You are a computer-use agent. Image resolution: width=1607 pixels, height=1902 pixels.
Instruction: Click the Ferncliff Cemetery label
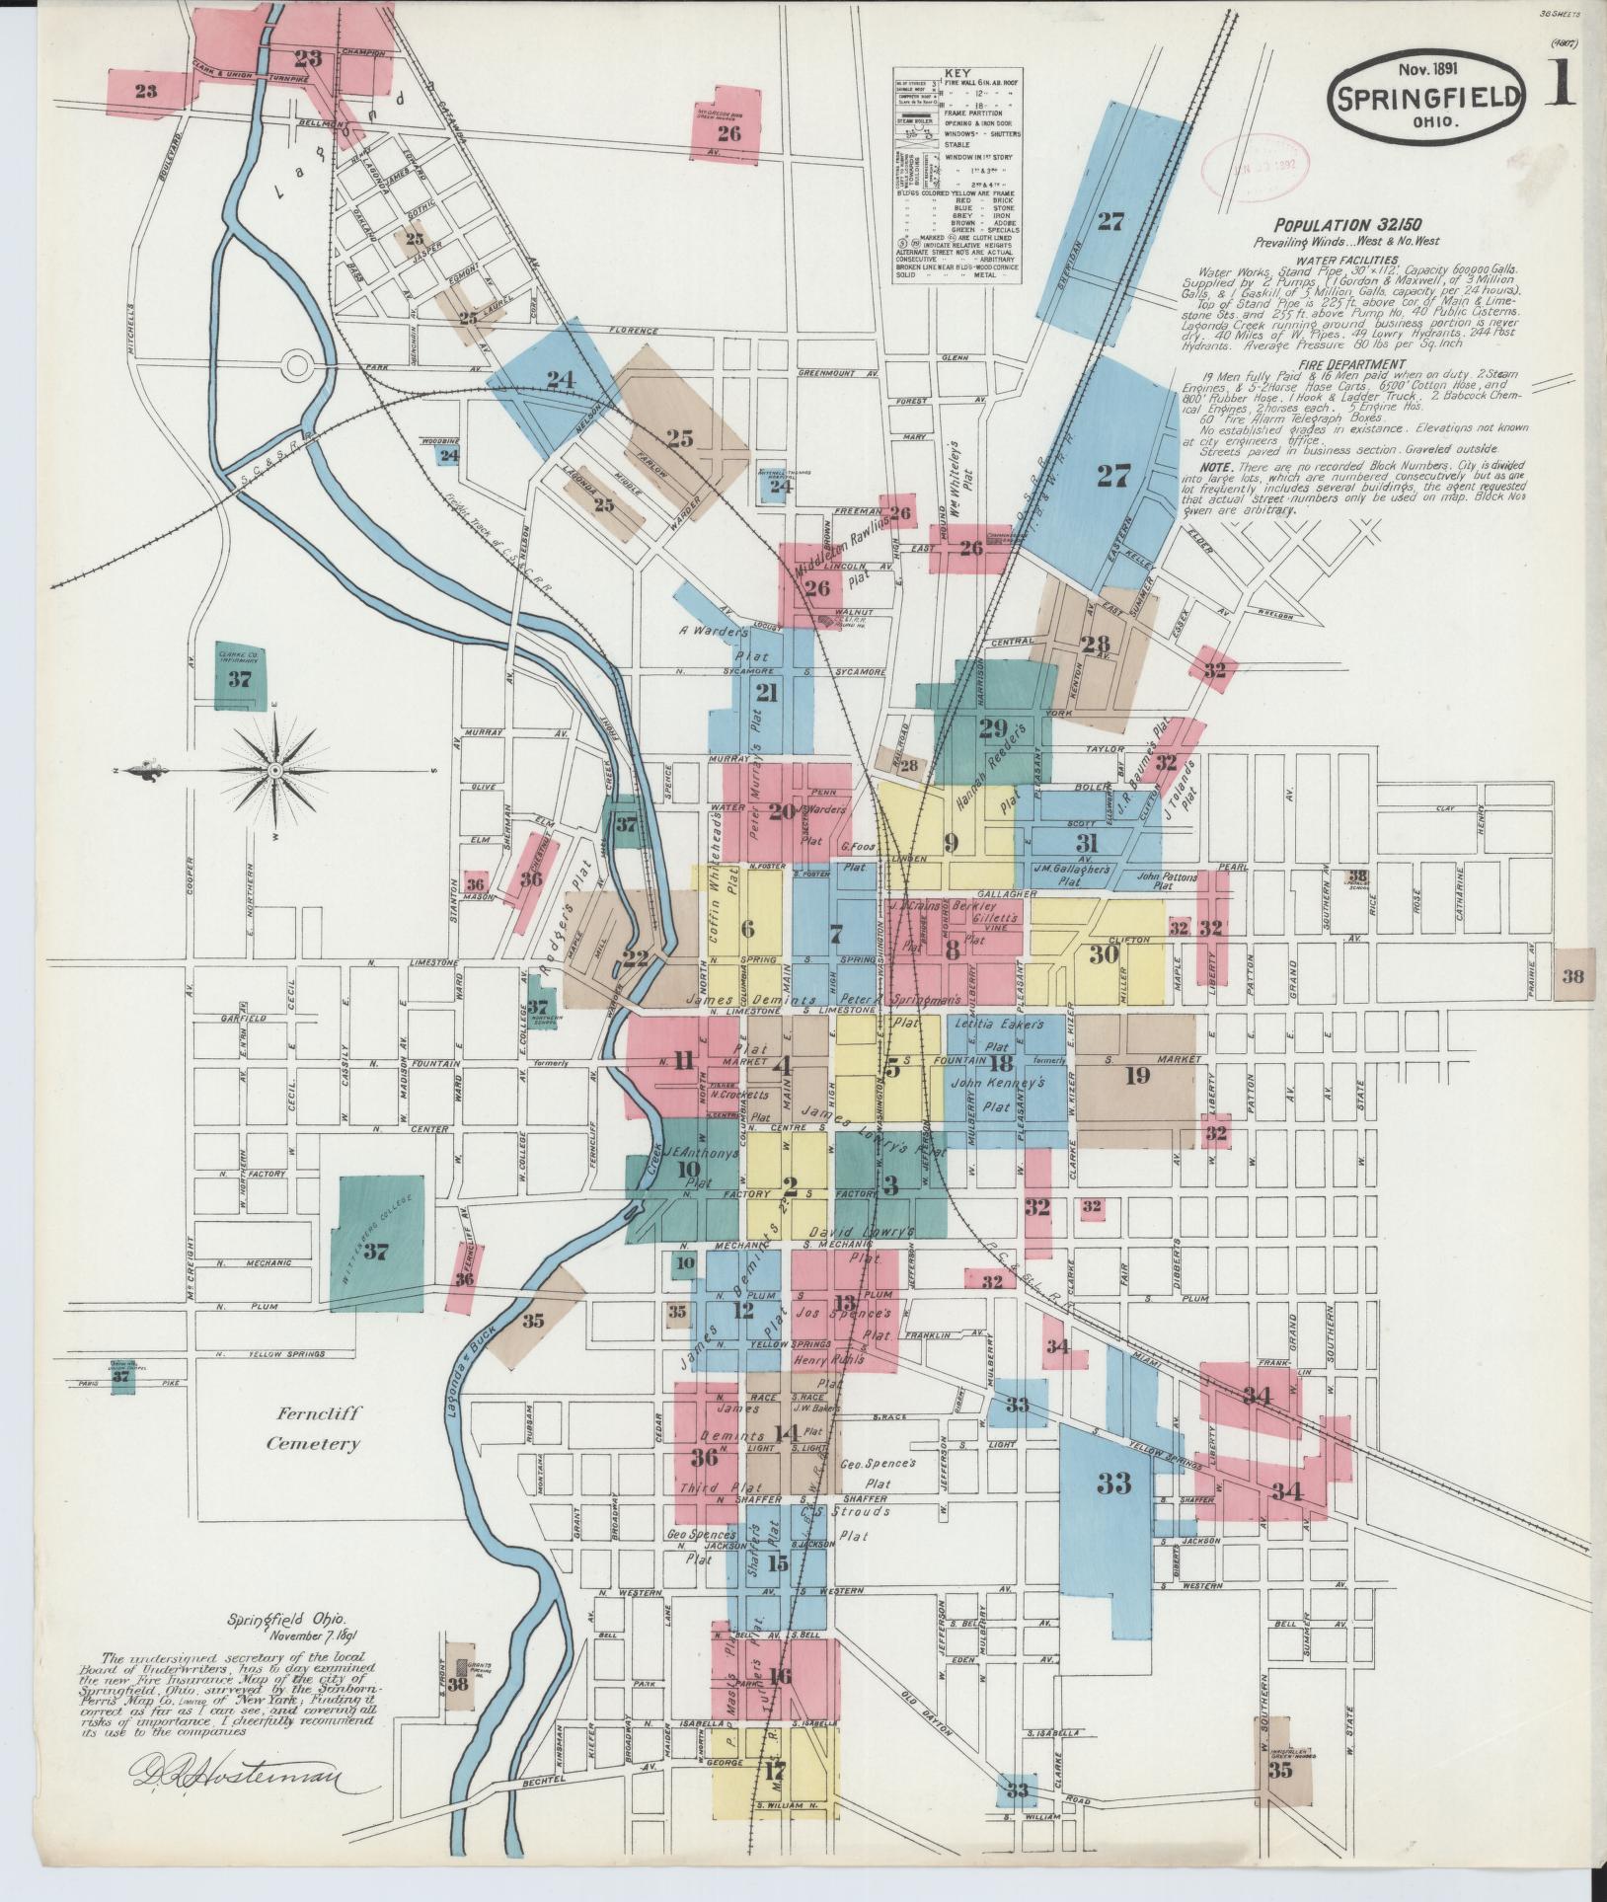tap(313, 1428)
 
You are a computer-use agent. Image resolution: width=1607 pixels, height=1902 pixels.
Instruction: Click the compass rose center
tap(275, 769)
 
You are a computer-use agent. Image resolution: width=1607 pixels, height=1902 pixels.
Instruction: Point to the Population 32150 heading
tap(1347, 225)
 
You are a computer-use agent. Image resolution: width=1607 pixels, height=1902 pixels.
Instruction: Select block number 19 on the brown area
tap(1137, 1075)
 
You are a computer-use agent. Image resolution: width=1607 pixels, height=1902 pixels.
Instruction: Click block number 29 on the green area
tap(992, 729)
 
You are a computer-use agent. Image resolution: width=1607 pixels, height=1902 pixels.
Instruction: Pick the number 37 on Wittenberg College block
tap(376, 1252)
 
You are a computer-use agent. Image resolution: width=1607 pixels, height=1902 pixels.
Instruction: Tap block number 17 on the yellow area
tap(774, 1770)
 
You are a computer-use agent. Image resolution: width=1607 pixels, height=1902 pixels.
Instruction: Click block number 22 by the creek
tap(636, 956)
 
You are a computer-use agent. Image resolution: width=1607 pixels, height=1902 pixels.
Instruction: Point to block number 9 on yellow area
tap(951, 842)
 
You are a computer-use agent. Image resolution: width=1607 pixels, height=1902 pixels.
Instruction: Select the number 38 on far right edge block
tap(1572, 976)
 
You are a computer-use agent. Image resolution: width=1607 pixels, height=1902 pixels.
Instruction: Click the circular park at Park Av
tap(297, 365)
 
